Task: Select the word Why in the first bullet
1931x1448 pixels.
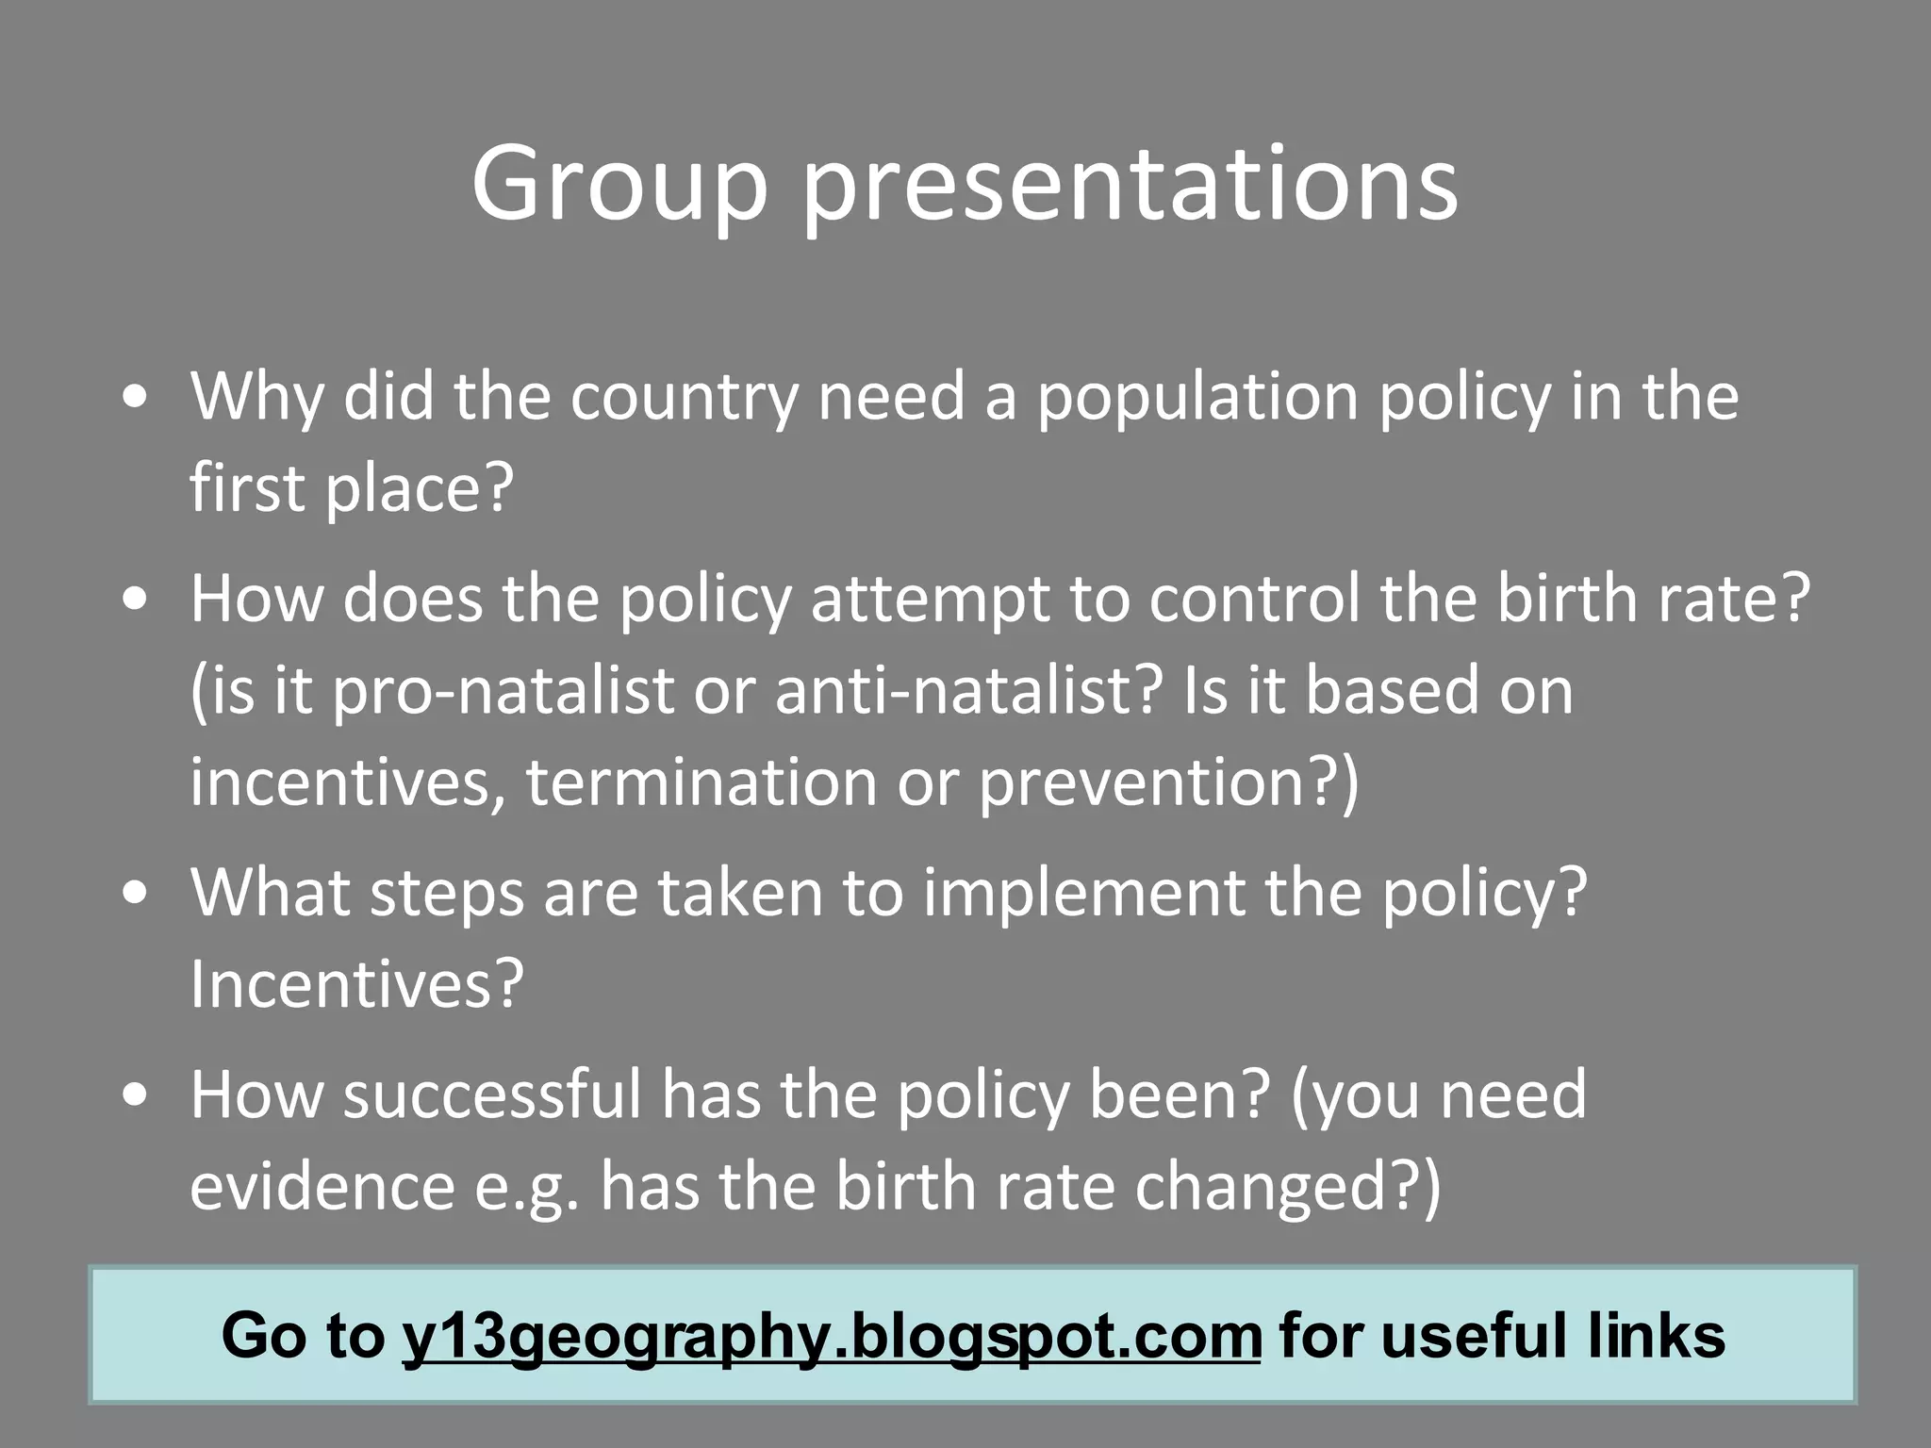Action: point(256,397)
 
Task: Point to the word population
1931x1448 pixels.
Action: point(1197,397)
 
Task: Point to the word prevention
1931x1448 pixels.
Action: point(1155,782)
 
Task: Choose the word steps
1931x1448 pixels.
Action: point(446,893)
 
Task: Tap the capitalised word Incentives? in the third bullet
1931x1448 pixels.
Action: point(356,984)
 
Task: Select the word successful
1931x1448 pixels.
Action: point(491,1094)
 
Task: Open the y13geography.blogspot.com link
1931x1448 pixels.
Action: point(831,1336)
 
